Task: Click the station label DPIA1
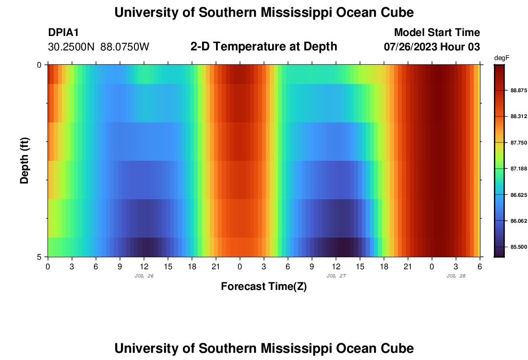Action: click(x=63, y=33)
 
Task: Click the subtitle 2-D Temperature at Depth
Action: click(x=264, y=47)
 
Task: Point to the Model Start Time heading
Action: click(x=437, y=33)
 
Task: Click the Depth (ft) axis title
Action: click(x=25, y=160)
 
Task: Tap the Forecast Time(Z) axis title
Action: click(x=264, y=287)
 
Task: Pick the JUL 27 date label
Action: click(x=336, y=276)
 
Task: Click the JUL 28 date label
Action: click(x=456, y=276)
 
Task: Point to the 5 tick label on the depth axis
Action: click(x=39, y=257)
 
